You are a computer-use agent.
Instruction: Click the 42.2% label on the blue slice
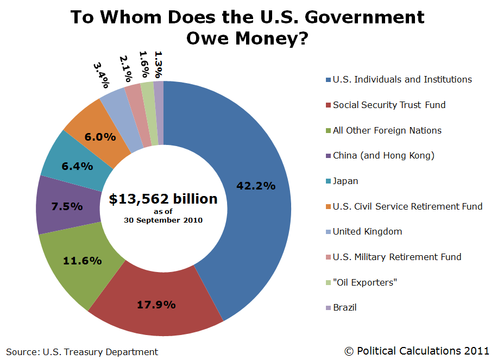(256, 186)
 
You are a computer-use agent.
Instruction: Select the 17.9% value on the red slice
(156, 305)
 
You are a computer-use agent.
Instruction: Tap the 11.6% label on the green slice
(83, 261)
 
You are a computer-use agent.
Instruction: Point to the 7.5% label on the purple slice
(67, 206)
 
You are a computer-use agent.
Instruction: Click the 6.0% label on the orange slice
(100, 137)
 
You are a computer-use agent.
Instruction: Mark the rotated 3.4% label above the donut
(101, 75)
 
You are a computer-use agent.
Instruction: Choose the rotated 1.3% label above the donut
(159, 65)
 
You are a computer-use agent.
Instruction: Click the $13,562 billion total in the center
(163, 199)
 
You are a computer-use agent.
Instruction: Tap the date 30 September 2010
(163, 220)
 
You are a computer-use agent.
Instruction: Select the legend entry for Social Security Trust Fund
(389, 105)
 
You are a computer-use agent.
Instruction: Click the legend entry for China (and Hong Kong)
(383, 156)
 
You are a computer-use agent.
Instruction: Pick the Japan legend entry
(345, 181)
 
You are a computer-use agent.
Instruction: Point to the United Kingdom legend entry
(367, 231)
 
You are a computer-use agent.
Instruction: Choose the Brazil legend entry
(344, 307)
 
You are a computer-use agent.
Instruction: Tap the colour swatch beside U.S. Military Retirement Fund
(328, 257)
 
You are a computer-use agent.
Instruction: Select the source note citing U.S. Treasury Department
(82, 352)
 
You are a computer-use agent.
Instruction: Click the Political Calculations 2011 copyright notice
(417, 351)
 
